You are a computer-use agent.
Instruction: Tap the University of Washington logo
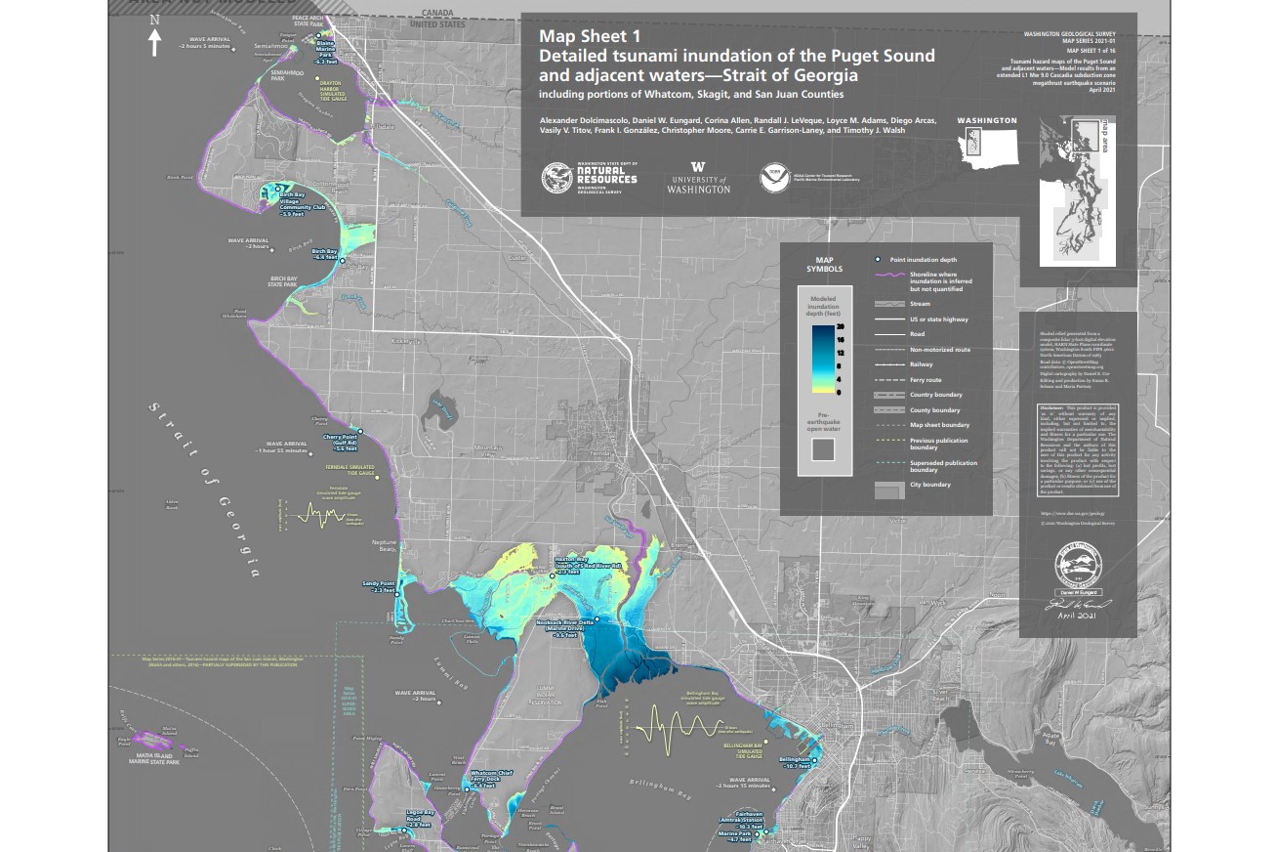[698, 177]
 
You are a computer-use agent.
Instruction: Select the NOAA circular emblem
[770, 176]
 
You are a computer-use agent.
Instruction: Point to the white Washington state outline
[987, 146]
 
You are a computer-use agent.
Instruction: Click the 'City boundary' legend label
[930, 486]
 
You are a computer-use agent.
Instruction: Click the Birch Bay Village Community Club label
[301, 204]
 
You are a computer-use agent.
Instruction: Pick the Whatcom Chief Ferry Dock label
[491, 778]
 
